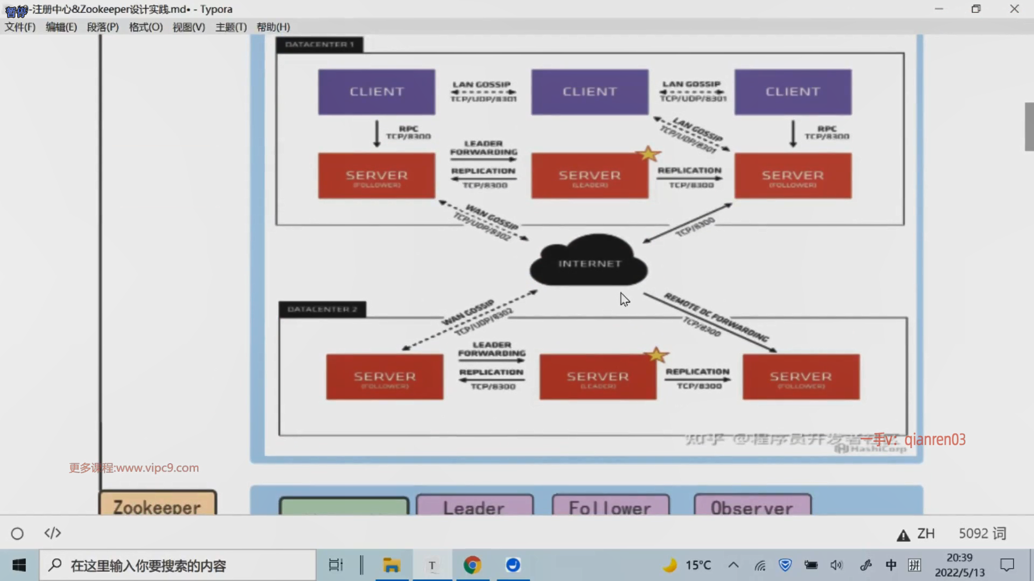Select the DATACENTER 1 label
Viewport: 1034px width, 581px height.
click(x=319, y=45)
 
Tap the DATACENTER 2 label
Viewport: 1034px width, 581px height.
click(x=322, y=309)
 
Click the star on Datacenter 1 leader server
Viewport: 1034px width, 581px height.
click(x=648, y=154)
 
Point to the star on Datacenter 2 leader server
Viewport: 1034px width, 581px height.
click(x=656, y=355)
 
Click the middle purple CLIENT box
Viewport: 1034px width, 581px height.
click(x=590, y=92)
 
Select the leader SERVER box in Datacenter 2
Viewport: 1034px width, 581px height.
click(x=598, y=377)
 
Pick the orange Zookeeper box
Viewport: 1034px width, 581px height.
click(x=157, y=504)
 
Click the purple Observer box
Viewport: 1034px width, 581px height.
click(x=752, y=506)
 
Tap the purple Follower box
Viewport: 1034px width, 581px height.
click(x=610, y=506)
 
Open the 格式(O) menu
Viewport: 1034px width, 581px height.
click(x=146, y=27)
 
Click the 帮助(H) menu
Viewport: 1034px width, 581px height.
click(x=273, y=27)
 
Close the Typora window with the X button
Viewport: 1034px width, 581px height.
click(x=1014, y=9)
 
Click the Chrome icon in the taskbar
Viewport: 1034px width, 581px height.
click(x=472, y=565)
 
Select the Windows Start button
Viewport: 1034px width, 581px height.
click(x=19, y=565)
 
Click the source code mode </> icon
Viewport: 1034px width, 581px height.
click(x=53, y=533)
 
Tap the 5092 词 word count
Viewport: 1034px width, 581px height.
click(x=982, y=533)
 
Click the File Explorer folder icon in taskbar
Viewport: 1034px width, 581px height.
click(x=392, y=565)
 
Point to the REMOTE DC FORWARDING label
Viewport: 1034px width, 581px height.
click(x=716, y=317)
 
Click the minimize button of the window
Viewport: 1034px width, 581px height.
click(x=939, y=9)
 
